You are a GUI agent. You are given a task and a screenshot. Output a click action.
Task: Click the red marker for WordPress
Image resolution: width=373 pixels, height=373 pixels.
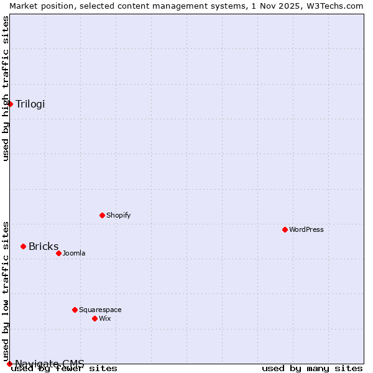[285, 229]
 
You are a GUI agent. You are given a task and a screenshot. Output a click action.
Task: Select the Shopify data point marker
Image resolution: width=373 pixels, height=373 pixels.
[103, 215]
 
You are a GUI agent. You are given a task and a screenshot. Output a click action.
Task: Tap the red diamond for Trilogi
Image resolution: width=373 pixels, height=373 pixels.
[11, 104]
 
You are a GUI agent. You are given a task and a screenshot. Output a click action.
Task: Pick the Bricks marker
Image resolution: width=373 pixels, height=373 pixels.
[24, 246]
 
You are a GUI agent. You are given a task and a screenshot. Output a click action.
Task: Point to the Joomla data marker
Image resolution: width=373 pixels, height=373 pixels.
[59, 253]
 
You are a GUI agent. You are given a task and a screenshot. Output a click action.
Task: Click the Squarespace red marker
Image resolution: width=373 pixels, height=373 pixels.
[75, 310]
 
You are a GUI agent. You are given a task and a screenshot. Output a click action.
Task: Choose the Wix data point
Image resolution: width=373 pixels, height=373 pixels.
[95, 318]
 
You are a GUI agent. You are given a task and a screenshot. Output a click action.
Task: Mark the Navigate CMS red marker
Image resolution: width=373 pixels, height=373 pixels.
[9, 363]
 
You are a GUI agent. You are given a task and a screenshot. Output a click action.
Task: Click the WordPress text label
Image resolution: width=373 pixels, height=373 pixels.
[306, 229]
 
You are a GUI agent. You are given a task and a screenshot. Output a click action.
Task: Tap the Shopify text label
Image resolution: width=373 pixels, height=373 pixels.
[118, 215]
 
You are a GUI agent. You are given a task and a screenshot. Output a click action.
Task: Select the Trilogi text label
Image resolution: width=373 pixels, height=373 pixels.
[30, 104]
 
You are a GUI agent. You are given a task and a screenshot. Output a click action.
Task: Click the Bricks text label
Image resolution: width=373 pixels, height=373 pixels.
[44, 246]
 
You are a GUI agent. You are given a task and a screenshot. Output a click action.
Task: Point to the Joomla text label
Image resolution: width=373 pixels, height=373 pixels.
[74, 253]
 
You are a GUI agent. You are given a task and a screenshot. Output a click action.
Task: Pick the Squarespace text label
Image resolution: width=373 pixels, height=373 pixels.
[100, 310]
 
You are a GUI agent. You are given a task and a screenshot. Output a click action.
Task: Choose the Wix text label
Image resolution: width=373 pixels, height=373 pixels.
[104, 318]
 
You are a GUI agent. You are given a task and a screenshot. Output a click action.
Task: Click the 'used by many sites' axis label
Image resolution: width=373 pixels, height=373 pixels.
[312, 368]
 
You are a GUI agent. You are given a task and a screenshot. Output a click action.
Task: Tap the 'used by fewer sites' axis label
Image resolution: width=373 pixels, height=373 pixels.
[64, 368]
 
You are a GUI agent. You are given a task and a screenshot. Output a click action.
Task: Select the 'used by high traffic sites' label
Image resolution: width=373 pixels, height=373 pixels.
[6, 88]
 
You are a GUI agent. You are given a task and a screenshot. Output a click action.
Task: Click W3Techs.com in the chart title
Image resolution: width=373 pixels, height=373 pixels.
[337, 6]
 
